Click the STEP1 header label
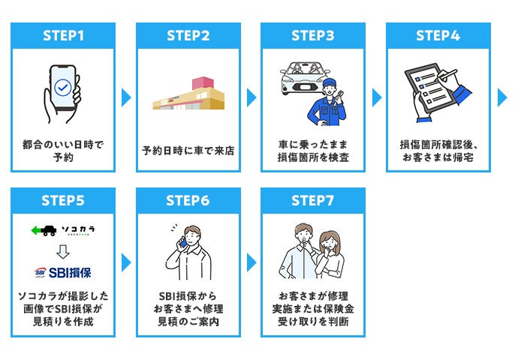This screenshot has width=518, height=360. coord(62,35)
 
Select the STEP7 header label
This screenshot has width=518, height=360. coord(312,200)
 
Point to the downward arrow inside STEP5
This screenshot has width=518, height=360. coord(63,250)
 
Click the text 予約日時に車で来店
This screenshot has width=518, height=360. coord(188,151)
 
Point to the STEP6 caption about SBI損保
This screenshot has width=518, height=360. coord(188,308)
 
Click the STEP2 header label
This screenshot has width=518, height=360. coord(188,35)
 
